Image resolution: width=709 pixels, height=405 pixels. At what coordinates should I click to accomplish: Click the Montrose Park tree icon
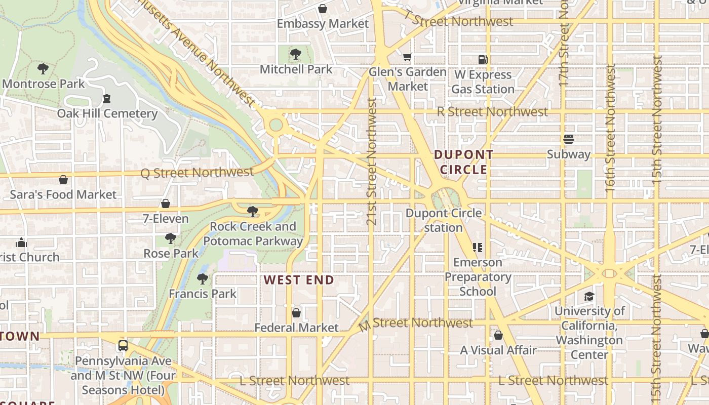point(43,68)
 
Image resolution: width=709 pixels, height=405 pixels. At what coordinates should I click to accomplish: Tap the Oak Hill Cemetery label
point(107,113)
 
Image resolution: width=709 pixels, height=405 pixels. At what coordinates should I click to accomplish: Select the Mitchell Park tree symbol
point(296,54)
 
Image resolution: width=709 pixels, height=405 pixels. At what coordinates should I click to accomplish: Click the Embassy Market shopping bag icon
point(323,9)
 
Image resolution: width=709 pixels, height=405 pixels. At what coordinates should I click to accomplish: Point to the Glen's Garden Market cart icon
point(408,57)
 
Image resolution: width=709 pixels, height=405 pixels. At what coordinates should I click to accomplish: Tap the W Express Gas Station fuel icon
point(483,60)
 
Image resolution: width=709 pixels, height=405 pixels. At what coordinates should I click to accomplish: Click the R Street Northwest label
point(492,111)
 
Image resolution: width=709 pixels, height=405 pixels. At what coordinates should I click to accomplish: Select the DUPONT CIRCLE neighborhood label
point(463,162)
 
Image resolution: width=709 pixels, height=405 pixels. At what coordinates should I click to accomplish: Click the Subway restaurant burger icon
point(568,139)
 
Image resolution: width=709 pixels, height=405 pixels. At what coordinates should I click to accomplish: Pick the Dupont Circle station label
point(444,220)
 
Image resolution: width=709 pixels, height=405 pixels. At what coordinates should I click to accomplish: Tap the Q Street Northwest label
point(197,173)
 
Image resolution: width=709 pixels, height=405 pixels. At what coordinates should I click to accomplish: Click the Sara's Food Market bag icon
point(63,180)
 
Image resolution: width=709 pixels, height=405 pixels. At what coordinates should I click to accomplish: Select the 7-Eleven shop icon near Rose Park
point(165,204)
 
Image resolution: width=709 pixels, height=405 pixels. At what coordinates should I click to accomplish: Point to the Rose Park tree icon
point(171,238)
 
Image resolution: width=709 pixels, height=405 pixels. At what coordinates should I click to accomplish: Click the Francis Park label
point(203,294)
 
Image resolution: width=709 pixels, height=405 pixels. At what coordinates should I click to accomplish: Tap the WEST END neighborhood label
point(299,280)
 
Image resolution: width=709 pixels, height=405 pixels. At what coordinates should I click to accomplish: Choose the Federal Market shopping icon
point(296,313)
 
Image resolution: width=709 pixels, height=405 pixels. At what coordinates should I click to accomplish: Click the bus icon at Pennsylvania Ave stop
point(123,346)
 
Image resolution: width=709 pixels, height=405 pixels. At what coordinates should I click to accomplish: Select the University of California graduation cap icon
point(589,296)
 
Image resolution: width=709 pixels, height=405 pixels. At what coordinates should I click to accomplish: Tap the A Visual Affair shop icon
point(498,335)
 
